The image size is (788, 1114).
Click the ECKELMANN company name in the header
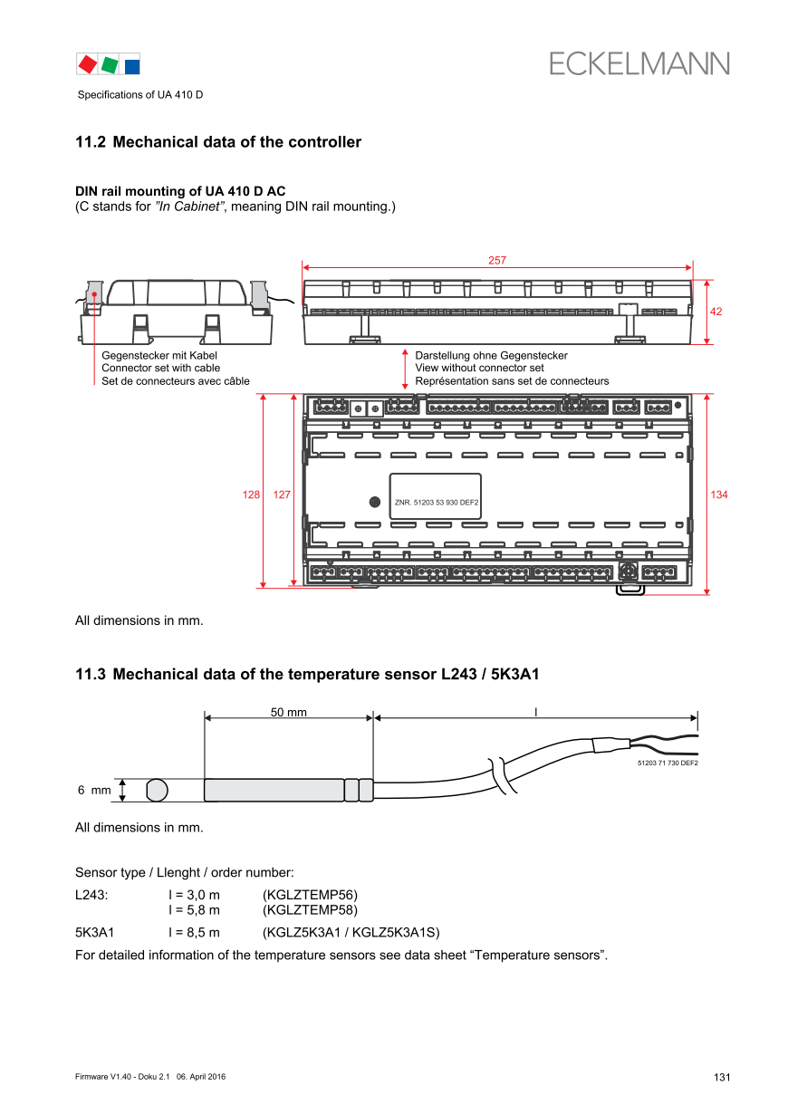639,63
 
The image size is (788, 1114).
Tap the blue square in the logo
132,65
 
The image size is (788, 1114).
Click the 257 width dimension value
496,260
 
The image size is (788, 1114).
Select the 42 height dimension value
716,312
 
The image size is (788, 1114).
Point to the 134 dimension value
718,495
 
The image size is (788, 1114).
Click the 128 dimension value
251,495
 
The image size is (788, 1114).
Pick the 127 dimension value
282,495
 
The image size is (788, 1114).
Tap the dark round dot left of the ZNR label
374,502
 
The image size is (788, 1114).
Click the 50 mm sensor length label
288,713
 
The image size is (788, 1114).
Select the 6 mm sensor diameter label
94,791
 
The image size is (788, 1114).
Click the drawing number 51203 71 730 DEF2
668,764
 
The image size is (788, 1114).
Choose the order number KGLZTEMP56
310,895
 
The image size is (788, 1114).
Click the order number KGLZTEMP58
310,909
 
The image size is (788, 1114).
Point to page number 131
721,1077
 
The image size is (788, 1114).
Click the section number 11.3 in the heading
91,674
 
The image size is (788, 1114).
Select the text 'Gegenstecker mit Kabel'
159,356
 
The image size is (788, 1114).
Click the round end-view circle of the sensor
157,790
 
